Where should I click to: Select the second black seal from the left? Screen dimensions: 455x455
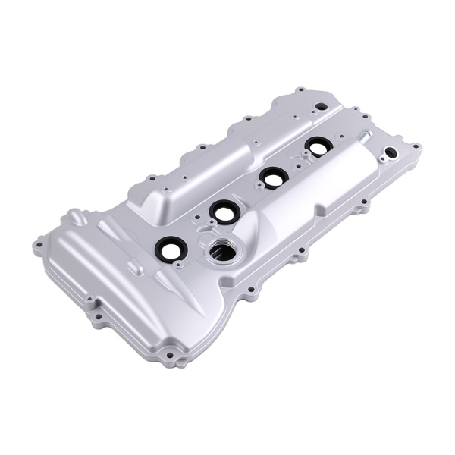pos(223,212)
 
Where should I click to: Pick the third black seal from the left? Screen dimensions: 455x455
pos(271,177)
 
